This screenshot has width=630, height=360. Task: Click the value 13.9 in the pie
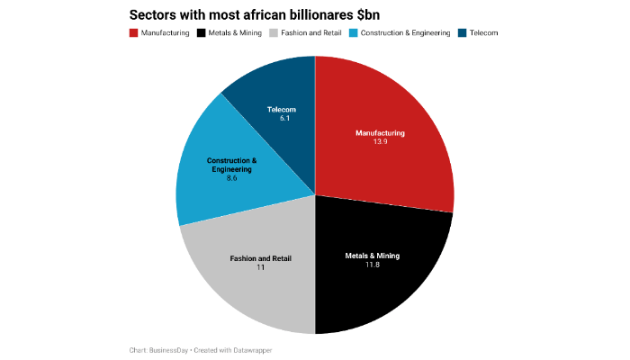click(x=380, y=142)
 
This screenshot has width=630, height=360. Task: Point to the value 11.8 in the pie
click(x=372, y=265)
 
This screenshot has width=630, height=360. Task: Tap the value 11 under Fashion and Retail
click(x=260, y=267)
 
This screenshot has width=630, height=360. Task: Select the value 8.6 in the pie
click(x=231, y=178)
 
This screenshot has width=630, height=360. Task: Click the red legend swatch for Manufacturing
click(x=134, y=32)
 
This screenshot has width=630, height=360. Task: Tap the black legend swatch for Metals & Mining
click(x=201, y=32)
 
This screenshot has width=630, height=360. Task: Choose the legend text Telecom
click(x=483, y=32)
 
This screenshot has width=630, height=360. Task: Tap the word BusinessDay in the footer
click(x=168, y=349)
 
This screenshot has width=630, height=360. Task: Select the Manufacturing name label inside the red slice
click(x=380, y=133)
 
